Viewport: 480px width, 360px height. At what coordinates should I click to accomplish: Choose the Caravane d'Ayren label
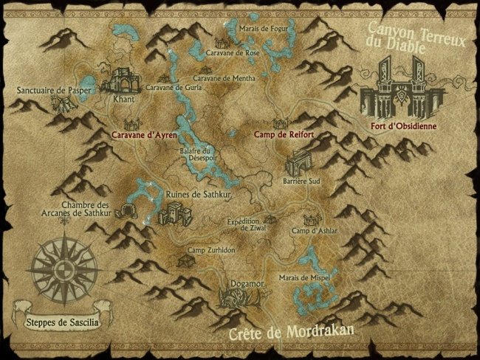click(144, 135)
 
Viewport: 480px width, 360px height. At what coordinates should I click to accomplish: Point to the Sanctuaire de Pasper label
click(49, 90)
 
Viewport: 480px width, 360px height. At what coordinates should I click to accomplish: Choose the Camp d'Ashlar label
click(315, 231)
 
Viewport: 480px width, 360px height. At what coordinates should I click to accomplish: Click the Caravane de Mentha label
click(224, 77)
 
